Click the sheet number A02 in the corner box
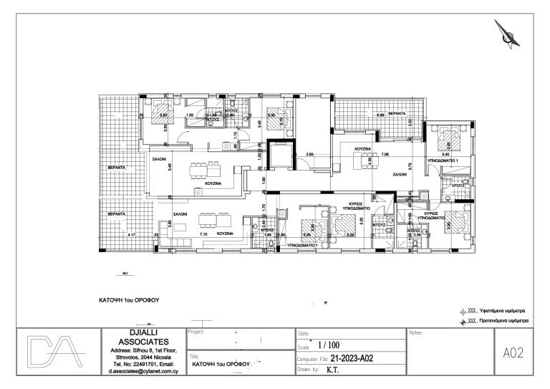click(514, 352)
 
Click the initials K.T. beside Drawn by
click(333, 370)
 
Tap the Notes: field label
click(416, 333)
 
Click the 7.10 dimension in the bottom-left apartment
click(203, 234)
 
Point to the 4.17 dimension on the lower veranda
click(130, 234)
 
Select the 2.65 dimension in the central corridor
click(309, 154)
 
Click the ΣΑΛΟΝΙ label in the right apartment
click(390, 174)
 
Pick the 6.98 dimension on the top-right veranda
click(381, 115)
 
